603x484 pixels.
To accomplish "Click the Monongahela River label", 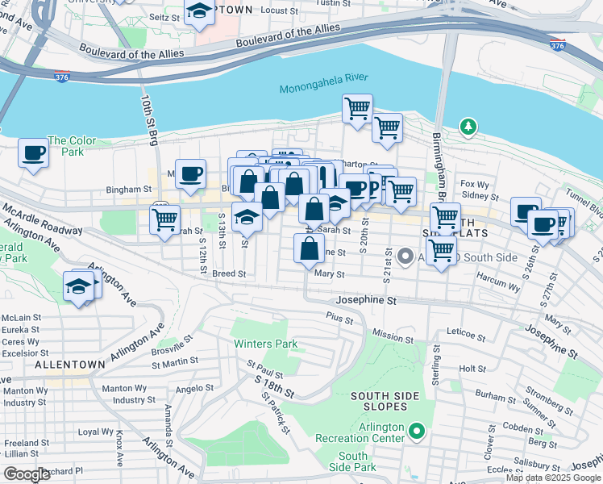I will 323,83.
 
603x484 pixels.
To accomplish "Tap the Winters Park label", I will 265,344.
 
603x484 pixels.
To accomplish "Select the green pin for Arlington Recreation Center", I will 416,432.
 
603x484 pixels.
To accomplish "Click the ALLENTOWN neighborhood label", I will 70,365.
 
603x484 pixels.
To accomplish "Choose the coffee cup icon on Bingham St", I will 190,174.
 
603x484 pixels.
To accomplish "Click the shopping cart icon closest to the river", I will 357,107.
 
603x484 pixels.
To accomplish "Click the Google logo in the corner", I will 27,474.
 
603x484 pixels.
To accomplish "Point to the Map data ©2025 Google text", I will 553,478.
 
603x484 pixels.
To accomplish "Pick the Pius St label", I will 339,319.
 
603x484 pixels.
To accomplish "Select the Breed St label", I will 229,273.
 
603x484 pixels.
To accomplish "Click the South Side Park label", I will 352,461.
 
